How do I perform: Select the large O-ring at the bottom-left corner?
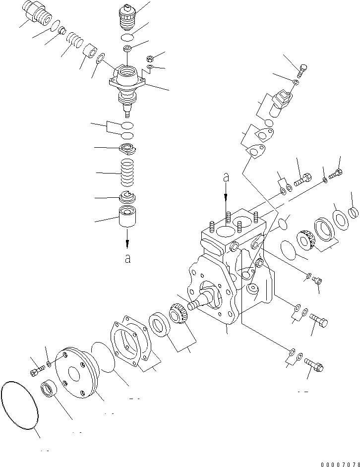point(20,405)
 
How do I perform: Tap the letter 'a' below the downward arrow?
point(127,259)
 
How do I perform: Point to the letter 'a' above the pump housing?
point(226,176)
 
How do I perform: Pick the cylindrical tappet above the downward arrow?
point(128,218)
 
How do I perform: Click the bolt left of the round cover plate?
point(37,369)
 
